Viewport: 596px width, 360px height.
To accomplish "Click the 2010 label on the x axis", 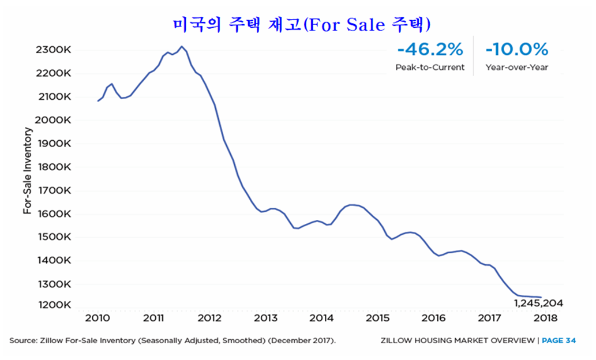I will click(x=98, y=318).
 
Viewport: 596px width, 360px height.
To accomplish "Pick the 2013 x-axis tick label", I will click(x=265, y=318).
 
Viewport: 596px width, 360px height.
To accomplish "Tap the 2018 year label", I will click(x=546, y=318).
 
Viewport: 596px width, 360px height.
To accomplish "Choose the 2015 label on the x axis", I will click(x=377, y=318).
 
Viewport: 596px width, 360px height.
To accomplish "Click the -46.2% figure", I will click(x=429, y=50).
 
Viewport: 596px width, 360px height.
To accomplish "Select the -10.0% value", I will click(x=517, y=50).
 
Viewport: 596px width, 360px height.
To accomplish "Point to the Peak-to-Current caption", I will click(x=430, y=67).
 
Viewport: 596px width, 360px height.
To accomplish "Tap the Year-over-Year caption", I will click(x=517, y=67).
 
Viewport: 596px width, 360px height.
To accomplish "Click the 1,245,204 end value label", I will click(x=538, y=303).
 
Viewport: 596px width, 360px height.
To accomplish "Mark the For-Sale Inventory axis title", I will click(x=27, y=171).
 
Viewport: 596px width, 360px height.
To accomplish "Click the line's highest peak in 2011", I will click(x=182, y=47).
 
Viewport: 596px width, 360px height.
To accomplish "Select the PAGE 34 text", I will click(x=558, y=340).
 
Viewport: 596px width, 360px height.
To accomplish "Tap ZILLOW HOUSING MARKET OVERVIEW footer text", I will click(x=458, y=340).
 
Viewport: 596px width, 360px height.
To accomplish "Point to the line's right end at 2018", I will click(x=541, y=297).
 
